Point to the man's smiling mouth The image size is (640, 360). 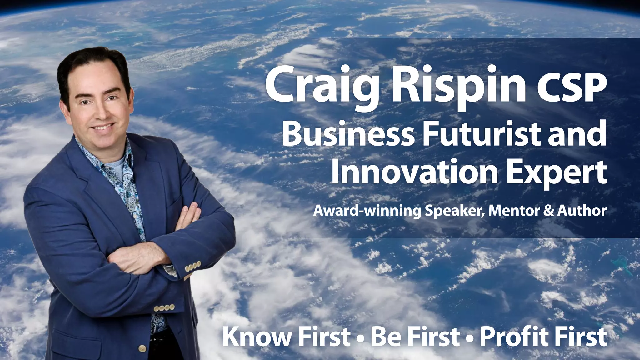103,127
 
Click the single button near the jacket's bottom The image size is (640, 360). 143,347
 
